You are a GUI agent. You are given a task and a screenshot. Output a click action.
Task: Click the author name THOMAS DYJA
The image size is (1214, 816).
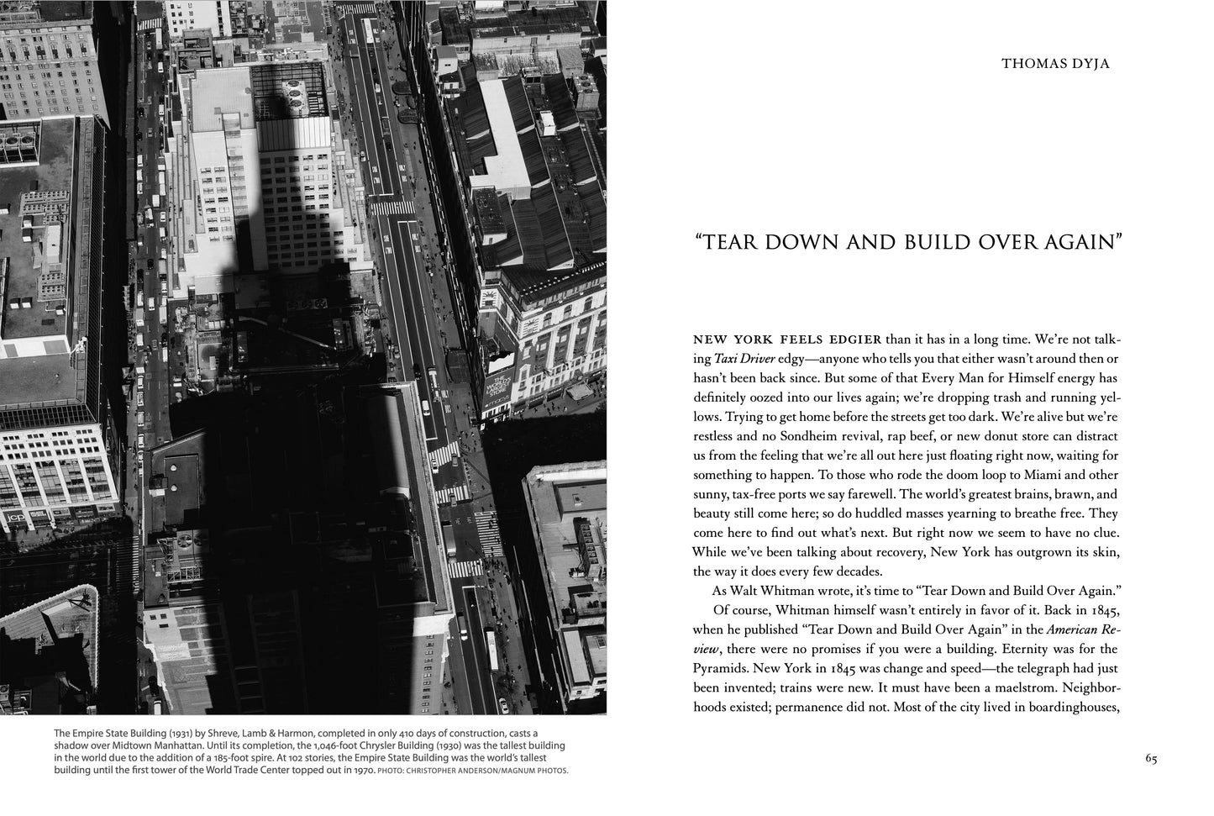click(x=1055, y=63)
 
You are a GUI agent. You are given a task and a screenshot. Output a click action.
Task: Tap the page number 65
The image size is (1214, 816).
click(x=1151, y=759)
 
